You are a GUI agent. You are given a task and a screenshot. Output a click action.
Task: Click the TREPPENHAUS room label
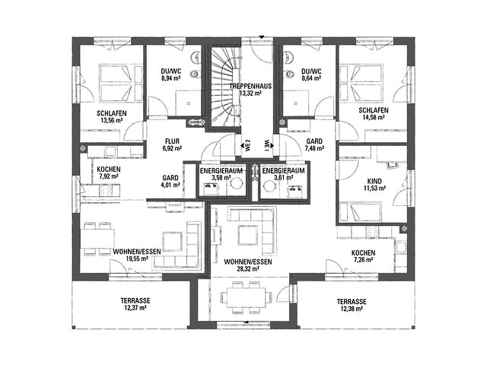click(250, 86)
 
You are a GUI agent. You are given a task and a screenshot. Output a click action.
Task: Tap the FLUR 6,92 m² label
click(172, 144)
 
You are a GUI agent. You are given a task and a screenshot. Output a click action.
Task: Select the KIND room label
click(374, 181)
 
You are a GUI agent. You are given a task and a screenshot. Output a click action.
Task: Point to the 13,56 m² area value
click(112, 120)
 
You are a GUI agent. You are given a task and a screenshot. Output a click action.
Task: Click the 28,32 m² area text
click(248, 268)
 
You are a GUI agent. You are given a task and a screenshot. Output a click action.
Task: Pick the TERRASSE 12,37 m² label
click(135, 304)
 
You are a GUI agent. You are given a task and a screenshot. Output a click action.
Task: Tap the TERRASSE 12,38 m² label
click(352, 305)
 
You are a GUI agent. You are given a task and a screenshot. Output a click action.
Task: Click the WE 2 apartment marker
click(248, 145)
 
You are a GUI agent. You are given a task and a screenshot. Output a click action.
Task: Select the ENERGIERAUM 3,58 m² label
click(221, 174)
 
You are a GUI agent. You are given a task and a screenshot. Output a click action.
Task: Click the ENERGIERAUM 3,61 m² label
click(284, 174)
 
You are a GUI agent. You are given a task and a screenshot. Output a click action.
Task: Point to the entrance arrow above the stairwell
click(262, 36)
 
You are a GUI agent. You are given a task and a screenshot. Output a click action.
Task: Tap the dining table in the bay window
click(247, 297)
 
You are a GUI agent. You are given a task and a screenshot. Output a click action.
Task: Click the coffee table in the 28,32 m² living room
click(248, 235)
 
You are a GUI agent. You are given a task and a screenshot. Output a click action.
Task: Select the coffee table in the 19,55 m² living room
click(173, 241)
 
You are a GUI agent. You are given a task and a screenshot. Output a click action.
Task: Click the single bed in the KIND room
click(360, 211)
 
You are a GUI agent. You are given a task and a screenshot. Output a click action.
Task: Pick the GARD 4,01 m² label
click(170, 181)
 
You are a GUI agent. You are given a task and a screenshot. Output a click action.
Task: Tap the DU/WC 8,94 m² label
click(171, 75)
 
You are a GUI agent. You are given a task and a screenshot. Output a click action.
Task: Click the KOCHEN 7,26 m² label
click(363, 256)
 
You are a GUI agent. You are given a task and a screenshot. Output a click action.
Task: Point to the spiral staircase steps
click(226, 86)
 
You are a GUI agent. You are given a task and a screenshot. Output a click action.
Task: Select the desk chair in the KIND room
click(393, 165)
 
